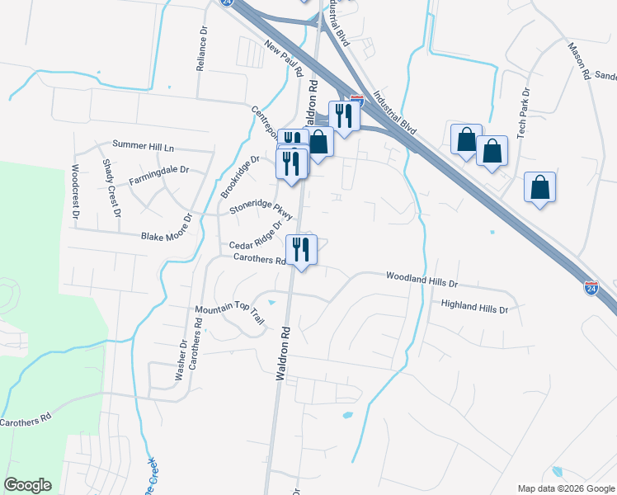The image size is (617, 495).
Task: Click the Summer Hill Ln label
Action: pos(144,146)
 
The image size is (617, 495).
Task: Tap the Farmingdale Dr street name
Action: pos(159,176)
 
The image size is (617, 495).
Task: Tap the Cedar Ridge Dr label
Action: pos(257,234)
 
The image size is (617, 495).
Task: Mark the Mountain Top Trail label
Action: pos(229,314)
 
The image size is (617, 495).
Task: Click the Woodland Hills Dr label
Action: pos(422,280)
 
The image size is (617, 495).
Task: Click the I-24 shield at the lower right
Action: pos(591,288)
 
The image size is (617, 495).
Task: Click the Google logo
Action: pos(27,485)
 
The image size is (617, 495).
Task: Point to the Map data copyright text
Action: pos(565,488)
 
